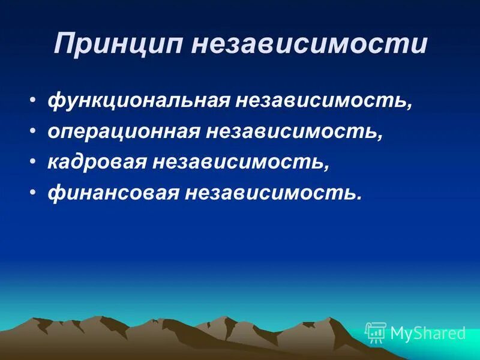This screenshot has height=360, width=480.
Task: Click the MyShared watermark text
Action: [427, 333]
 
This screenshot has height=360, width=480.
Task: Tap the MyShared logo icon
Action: [376, 332]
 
